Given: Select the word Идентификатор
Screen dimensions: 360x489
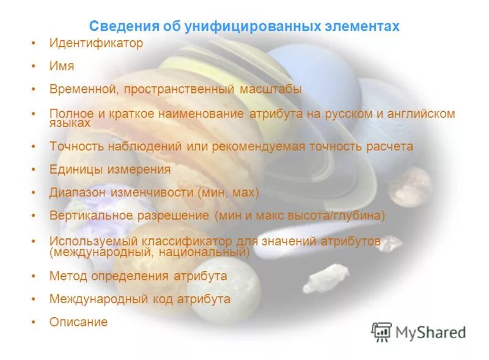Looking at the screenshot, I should [x=96, y=43].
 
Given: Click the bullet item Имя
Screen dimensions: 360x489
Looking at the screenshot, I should [x=61, y=66].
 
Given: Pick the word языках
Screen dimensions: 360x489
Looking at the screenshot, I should [x=70, y=123].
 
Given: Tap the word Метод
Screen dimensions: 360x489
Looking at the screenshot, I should [x=68, y=276].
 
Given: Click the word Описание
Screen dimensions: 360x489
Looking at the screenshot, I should [x=78, y=321].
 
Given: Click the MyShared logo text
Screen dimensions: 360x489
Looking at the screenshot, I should [x=430, y=332].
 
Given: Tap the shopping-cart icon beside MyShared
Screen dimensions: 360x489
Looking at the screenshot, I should [x=381, y=331].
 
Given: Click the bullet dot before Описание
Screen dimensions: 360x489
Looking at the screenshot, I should [x=34, y=322].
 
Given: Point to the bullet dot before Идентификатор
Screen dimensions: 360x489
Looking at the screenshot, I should [x=34, y=44].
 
